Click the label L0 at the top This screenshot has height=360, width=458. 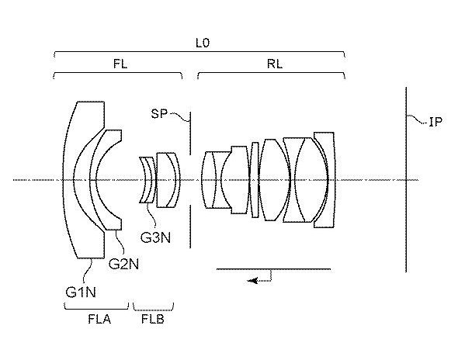point(203,43)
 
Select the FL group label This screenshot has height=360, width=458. point(120,64)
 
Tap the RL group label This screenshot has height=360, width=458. point(275,64)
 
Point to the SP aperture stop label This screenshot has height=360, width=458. point(159,113)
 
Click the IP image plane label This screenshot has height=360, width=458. point(435,122)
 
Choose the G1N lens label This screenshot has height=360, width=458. point(81,292)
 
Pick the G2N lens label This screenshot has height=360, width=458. point(123,264)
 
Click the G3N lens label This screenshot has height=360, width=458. point(155,237)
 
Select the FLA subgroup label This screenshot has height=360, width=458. point(99,319)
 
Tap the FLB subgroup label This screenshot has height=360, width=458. point(152,319)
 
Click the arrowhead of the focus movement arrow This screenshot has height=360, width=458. point(252,281)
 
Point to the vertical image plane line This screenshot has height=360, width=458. point(406,179)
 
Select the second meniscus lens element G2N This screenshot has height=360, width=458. point(93,179)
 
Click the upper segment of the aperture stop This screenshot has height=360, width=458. point(190,133)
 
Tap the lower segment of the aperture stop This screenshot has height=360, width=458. point(190,227)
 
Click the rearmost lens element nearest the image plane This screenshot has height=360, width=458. point(331,179)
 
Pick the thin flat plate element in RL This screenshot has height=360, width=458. point(255,180)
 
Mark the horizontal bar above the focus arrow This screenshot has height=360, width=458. point(273,269)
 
